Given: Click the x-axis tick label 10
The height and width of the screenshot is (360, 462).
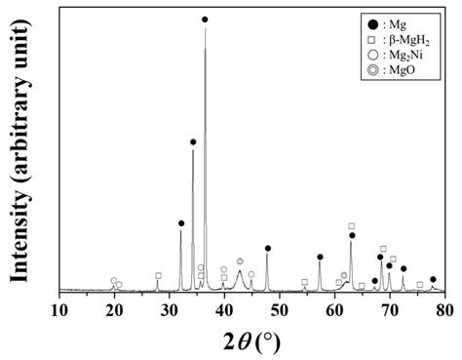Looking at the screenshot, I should pos(59,310).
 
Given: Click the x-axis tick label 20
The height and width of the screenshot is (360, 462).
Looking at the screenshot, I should pos(114,310).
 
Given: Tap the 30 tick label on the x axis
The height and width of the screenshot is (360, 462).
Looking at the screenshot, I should pos(170,310).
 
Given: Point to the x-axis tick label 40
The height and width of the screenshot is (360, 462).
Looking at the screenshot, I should pos(224,310).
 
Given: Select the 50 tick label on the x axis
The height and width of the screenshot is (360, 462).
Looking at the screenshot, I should pos(280,310).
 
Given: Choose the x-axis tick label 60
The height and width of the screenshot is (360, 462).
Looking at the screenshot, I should pos(334,310).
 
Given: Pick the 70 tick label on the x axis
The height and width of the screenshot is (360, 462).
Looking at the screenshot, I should pos(390,310).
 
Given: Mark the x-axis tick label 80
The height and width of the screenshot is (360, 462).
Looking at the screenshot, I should pos(444,310).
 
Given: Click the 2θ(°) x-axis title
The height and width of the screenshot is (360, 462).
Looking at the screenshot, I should pos(252,340).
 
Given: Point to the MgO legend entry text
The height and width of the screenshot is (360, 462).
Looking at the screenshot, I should pos(404,71).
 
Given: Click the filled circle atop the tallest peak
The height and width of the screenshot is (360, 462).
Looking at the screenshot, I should pos(205,20).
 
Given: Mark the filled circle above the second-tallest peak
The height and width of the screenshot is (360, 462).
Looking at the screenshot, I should pos(193,141).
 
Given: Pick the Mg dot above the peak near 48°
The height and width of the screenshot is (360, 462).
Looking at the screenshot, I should pos(268,249).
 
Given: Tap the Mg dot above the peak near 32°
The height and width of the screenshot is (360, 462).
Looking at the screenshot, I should pos(181,223).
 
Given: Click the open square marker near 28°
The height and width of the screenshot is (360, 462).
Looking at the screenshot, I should pos(158,276).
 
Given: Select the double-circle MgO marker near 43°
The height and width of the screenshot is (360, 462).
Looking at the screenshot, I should pos(240,261).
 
